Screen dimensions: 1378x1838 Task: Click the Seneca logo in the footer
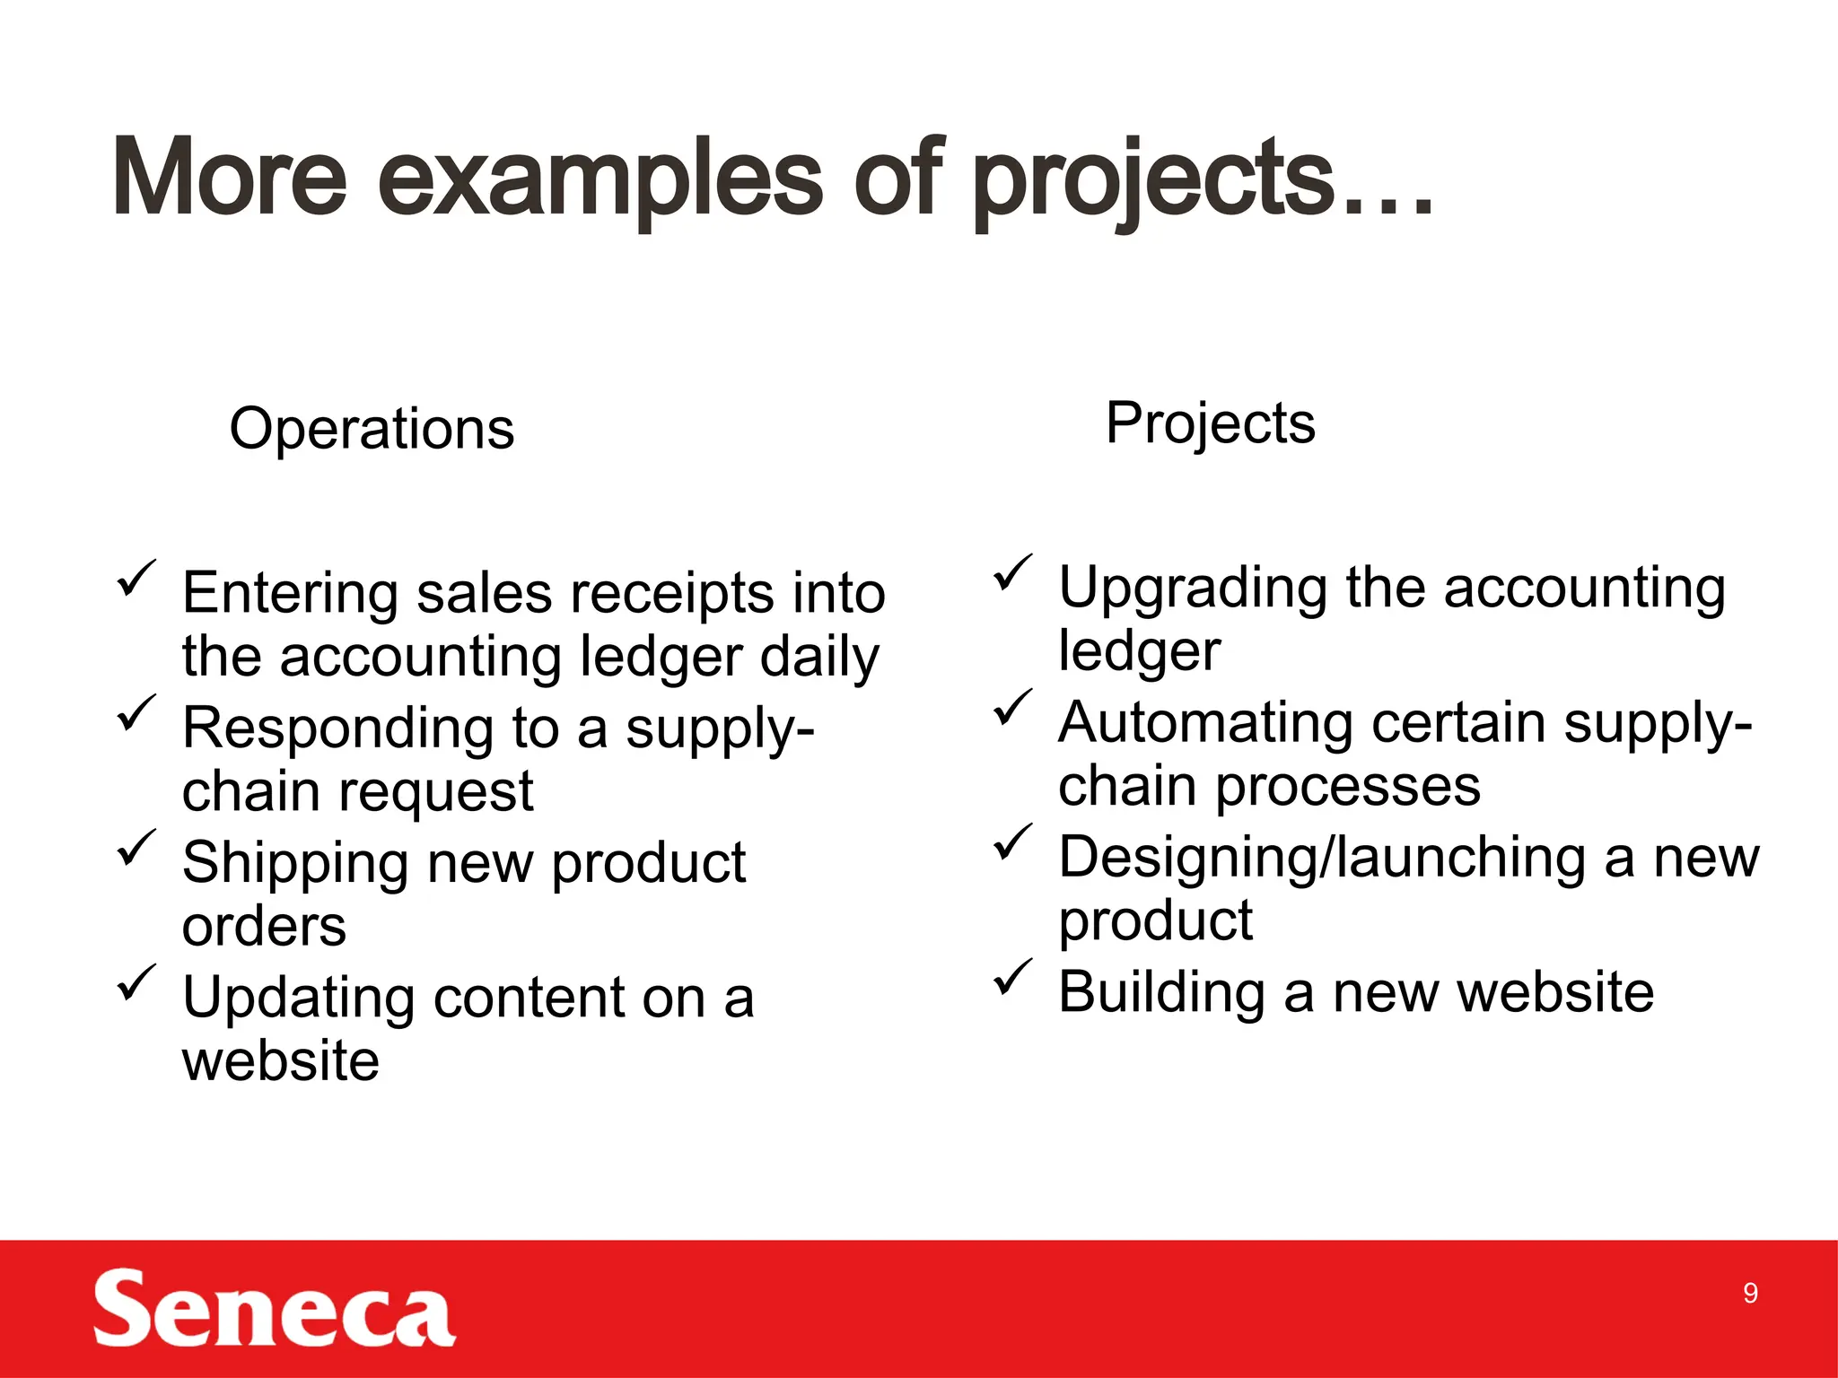pyautogui.click(x=274, y=1308)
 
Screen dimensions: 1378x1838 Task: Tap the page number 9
pyautogui.click(x=1750, y=1293)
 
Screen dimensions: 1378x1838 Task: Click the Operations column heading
pyautogui.click(x=372, y=428)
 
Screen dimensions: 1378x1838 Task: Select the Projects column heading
pyautogui.click(x=1210, y=423)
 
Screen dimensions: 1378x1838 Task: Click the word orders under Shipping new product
pyautogui.click(x=264, y=927)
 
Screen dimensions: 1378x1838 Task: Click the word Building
pyautogui.click(x=1161, y=993)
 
